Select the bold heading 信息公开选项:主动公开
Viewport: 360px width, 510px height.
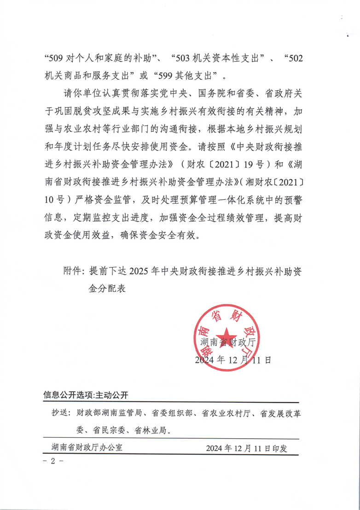[87, 395]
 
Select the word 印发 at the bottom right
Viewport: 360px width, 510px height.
[279, 448]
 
